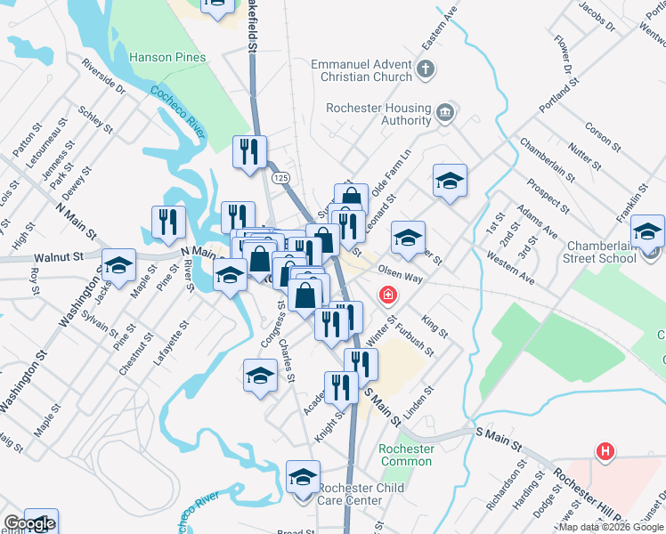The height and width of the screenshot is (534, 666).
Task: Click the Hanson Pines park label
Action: click(x=167, y=57)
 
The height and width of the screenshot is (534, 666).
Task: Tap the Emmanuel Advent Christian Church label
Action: click(x=361, y=70)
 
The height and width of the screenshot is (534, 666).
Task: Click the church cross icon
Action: click(x=426, y=68)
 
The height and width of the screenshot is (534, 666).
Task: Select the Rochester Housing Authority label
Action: click(x=379, y=114)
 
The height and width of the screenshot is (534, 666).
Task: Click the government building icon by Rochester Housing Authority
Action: click(x=446, y=112)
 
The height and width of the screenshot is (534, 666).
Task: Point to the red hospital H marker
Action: click(x=605, y=452)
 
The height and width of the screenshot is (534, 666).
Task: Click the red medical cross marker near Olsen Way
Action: click(x=388, y=294)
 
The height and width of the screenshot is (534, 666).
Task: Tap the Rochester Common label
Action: click(x=406, y=455)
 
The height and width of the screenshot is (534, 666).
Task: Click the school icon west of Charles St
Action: click(x=260, y=375)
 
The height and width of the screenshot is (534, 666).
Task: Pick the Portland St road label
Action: click(x=558, y=96)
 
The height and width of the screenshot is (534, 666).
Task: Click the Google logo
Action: click(x=28, y=524)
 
